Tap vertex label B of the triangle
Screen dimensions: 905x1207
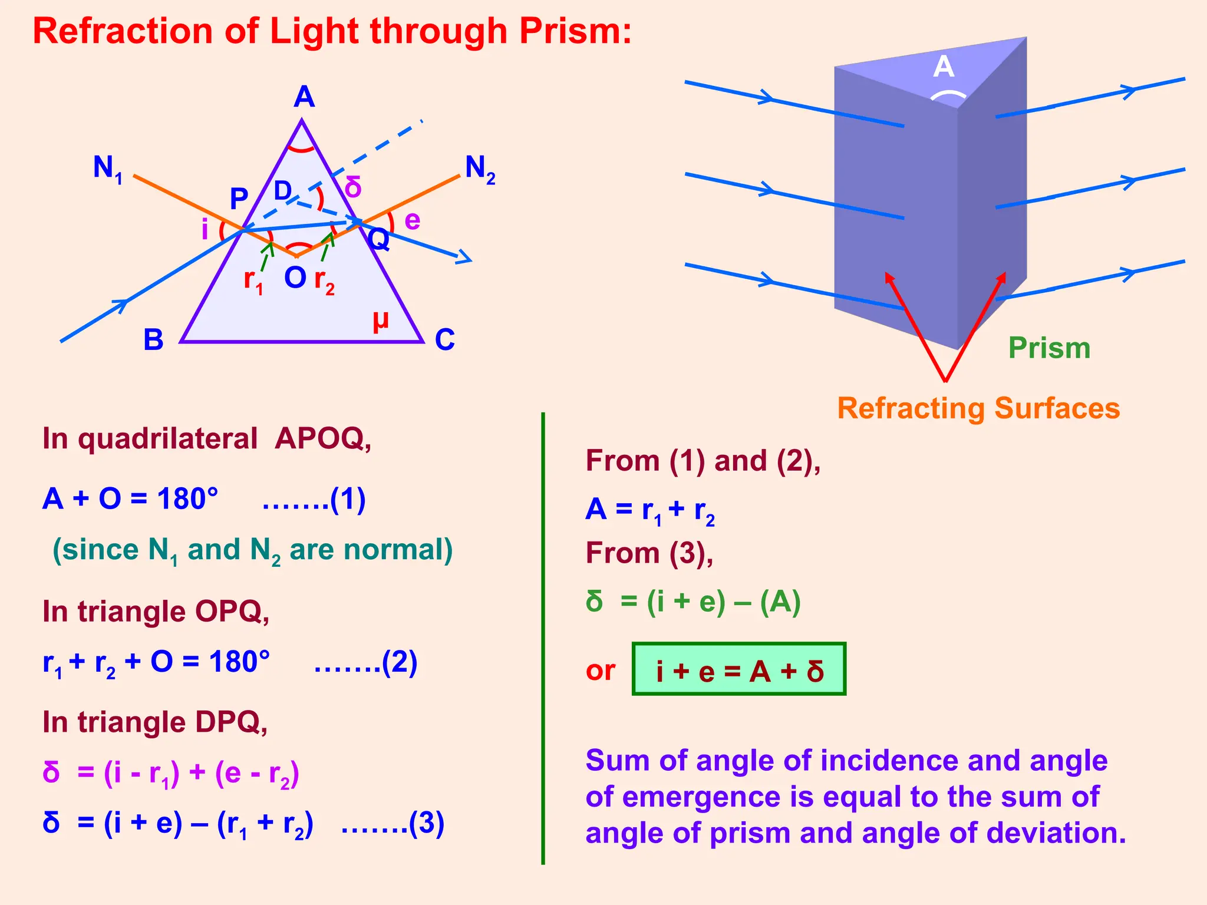tap(153, 340)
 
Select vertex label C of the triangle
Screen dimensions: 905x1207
tap(445, 340)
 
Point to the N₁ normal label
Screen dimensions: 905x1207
tap(108, 169)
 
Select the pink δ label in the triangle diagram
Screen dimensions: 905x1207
tap(353, 187)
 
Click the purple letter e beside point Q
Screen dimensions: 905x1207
tap(413, 221)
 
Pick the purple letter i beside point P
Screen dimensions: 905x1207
tap(205, 229)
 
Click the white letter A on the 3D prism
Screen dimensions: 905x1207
tap(944, 67)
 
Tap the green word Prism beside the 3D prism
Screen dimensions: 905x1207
tap(1049, 348)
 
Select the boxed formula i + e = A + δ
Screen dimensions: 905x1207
tap(739, 670)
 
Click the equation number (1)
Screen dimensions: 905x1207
tap(348, 499)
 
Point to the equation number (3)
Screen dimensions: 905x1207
tap(427, 823)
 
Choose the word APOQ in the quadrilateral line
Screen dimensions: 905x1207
tap(322, 438)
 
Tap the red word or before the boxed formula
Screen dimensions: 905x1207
tap(601, 671)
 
